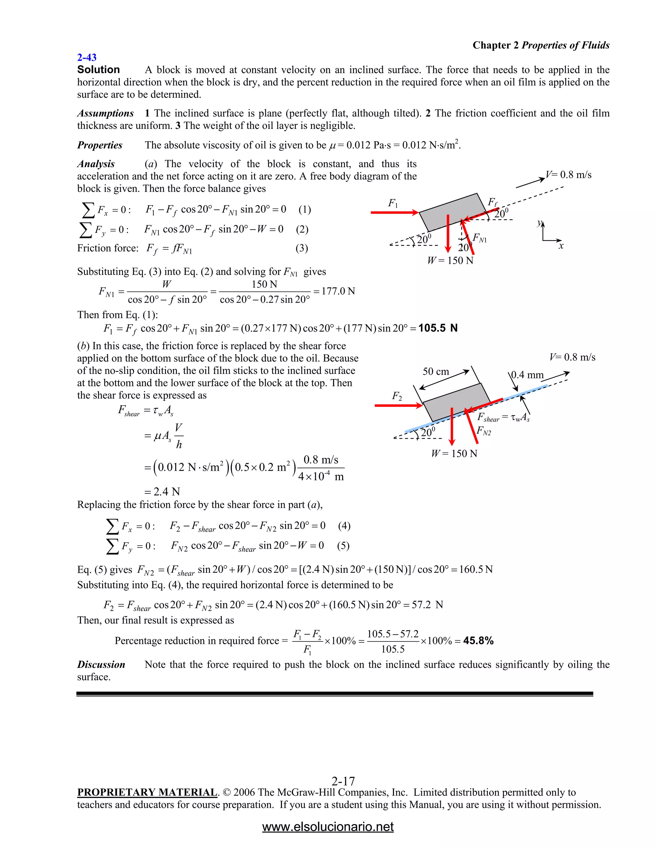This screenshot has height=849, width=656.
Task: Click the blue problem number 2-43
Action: click(87, 58)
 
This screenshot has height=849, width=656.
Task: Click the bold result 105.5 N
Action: click(438, 328)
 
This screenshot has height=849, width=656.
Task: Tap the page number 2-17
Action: click(343, 781)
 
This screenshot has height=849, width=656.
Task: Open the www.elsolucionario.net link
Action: click(328, 827)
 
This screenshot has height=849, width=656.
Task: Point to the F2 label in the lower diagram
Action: click(397, 396)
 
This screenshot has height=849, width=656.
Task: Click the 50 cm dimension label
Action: click(436, 372)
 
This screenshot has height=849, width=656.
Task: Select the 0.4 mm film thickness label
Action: click(527, 375)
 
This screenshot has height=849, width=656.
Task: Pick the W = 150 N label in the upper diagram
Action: click(450, 260)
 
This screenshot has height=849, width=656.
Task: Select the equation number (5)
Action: click(343, 546)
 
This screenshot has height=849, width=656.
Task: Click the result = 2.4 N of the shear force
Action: click(162, 492)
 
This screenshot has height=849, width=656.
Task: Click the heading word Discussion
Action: click(101, 665)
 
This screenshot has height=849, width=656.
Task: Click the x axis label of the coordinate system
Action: click(561, 246)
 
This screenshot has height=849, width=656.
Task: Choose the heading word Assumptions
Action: click(105, 113)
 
